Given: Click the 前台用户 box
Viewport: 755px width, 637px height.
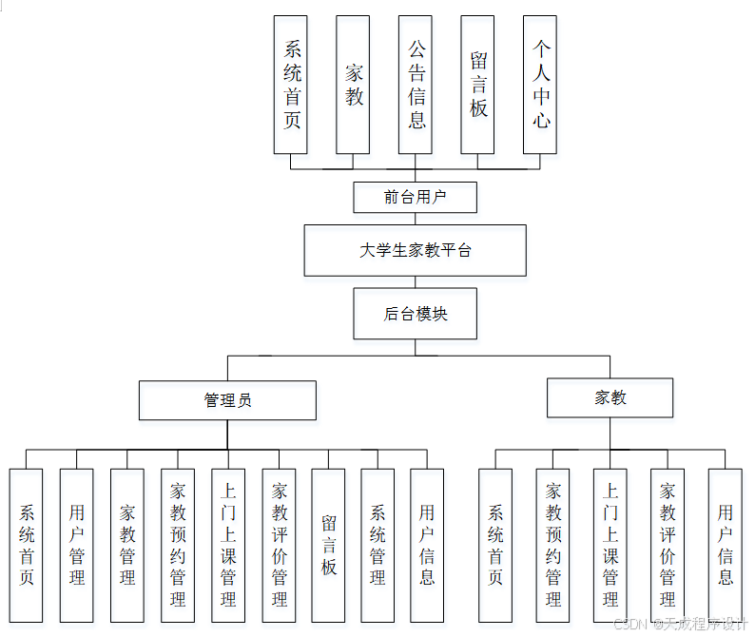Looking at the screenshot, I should (415, 197).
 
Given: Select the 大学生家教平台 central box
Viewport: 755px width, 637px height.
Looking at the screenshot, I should (415, 250).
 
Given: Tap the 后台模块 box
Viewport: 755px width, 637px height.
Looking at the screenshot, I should (415, 314).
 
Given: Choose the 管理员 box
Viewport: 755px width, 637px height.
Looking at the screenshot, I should (227, 400).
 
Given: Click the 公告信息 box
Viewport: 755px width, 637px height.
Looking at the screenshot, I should (416, 84).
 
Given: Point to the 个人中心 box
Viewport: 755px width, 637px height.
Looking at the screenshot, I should (540, 84).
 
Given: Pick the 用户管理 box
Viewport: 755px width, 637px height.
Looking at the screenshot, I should (77, 545).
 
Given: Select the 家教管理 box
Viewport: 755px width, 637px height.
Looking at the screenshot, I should (127, 545).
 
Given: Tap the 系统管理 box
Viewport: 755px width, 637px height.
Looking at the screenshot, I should (377, 545).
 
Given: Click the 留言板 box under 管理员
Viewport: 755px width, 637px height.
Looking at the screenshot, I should (328, 545).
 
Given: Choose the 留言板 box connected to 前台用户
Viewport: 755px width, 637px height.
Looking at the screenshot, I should (477, 84).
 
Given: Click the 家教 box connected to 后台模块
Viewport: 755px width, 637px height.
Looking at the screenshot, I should (610, 397).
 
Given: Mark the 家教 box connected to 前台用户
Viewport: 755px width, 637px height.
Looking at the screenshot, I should (353, 84).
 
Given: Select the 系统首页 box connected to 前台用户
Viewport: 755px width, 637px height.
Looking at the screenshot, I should (291, 84).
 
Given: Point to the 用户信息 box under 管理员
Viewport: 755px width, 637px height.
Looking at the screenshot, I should (427, 545).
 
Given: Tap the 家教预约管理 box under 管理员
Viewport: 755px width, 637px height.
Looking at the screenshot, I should (178, 545).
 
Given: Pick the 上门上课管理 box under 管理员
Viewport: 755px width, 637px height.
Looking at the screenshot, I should (228, 545).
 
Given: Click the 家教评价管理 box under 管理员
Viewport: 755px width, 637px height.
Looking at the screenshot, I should (279, 545).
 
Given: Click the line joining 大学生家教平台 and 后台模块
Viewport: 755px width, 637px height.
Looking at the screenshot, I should (416, 282).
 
